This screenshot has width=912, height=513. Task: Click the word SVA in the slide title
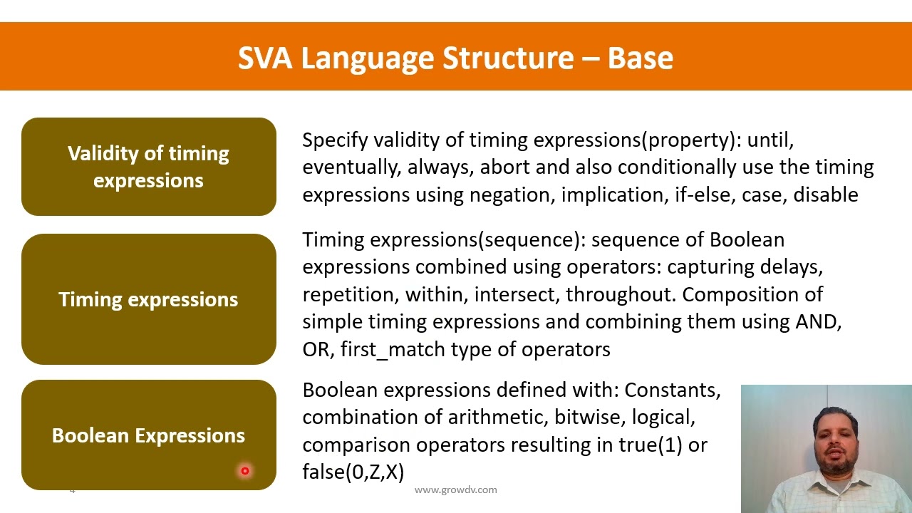(x=264, y=58)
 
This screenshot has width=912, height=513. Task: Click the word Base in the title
(x=640, y=58)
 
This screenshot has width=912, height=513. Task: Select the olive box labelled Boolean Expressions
(x=148, y=435)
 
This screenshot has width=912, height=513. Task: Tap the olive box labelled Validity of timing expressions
(x=148, y=167)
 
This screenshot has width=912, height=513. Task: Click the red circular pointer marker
(x=244, y=470)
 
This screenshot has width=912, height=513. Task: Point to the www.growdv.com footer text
(x=455, y=489)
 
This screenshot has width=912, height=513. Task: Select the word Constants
(x=672, y=390)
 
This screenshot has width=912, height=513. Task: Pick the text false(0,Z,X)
(x=353, y=472)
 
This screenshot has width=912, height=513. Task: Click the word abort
(x=524, y=167)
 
